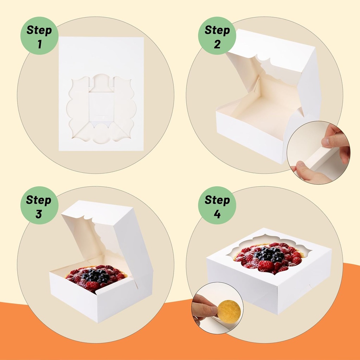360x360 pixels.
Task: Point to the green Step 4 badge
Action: point(217,205)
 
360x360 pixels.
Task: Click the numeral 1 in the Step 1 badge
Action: point(39,44)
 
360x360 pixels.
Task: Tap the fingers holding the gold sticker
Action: point(204,308)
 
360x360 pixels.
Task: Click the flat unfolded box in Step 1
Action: point(101,56)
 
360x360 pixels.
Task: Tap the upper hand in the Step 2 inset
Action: point(336,139)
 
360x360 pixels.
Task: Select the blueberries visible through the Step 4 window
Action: point(269,254)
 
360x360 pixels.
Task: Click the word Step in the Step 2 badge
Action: point(217,31)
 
